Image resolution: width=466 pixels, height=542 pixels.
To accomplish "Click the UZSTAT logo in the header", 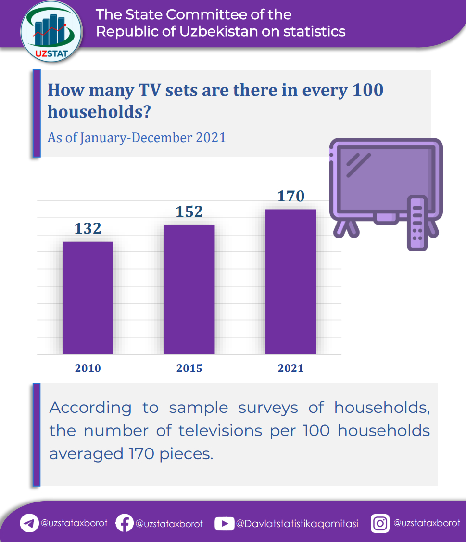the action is pyautogui.click(x=51, y=32).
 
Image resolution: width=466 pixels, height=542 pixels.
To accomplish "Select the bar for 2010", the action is pyautogui.click(x=88, y=298).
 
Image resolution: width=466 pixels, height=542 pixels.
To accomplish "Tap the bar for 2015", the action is pyautogui.click(x=189, y=290).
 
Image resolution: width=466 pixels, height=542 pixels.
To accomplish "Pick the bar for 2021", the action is pyautogui.click(x=291, y=281).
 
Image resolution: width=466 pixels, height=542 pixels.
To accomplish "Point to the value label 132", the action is pyautogui.click(x=88, y=228).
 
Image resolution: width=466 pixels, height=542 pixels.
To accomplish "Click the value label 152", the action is pyautogui.click(x=189, y=212).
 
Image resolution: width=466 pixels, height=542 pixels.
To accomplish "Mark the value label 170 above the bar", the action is pyautogui.click(x=291, y=196).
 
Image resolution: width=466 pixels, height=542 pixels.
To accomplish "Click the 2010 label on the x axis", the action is pyautogui.click(x=88, y=368).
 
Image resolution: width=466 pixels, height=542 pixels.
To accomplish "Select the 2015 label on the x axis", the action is pyautogui.click(x=189, y=368).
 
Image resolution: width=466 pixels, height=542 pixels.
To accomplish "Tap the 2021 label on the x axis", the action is pyautogui.click(x=291, y=368).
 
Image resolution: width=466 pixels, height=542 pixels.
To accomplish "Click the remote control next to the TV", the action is pyautogui.click(x=417, y=223).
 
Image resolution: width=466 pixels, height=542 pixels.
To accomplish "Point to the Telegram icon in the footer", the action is pyautogui.click(x=29, y=523).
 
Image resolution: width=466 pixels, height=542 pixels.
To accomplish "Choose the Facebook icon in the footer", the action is pyautogui.click(x=125, y=523).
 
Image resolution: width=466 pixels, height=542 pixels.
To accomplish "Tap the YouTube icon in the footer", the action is pyautogui.click(x=224, y=524).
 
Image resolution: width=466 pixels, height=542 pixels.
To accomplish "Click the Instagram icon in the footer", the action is pyautogui.click(x=380, y=523).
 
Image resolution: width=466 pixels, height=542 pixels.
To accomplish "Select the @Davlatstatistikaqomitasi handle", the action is pyautogui.click(x=297, y=524).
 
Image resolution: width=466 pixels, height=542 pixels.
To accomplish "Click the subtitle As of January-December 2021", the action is pyautogui.click(x=137, y=138).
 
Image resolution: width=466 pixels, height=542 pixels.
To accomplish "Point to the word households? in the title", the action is pyautogui.click(x=100, y=111).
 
